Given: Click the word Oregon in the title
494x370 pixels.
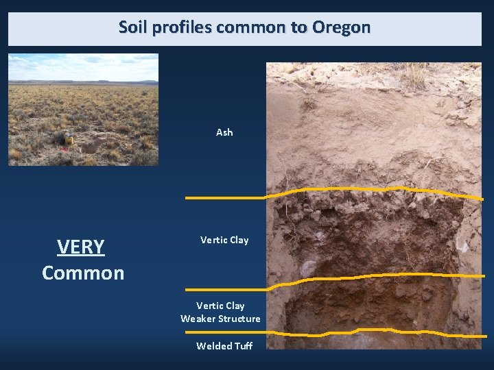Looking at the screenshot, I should (341, 27).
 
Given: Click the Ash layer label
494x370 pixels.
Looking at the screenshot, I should (224, 132).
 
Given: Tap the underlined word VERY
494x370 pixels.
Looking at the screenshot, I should (81, 247).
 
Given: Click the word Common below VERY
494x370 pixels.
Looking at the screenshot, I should (83, 273).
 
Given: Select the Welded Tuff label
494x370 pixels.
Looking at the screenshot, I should (224, 346).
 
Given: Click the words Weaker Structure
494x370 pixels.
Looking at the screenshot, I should (220, 319).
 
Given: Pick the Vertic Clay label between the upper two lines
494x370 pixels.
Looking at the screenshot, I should (224, 240).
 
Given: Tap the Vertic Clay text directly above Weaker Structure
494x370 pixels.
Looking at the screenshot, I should (220, 306).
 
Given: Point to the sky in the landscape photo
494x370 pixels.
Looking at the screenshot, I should (82, 66).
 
